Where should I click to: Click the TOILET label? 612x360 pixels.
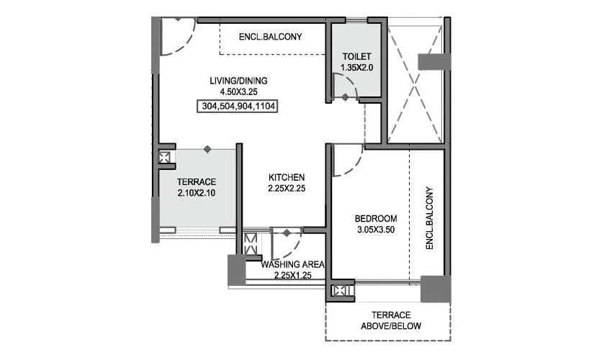click(x=356, y=57)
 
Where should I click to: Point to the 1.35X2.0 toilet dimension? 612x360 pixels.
click(x=356, y=68)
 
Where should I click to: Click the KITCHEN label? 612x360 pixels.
click(x=287, y=177)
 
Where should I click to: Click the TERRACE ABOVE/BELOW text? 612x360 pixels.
click(x=390, y=320)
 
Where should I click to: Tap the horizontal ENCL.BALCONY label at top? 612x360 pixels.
click(x=270, y=37)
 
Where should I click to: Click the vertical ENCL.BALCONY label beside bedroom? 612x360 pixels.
click(x=430, y=218)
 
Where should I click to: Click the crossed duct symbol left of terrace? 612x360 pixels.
click(x=165, y=156)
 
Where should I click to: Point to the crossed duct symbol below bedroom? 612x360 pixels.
click(x=338, y=292)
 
